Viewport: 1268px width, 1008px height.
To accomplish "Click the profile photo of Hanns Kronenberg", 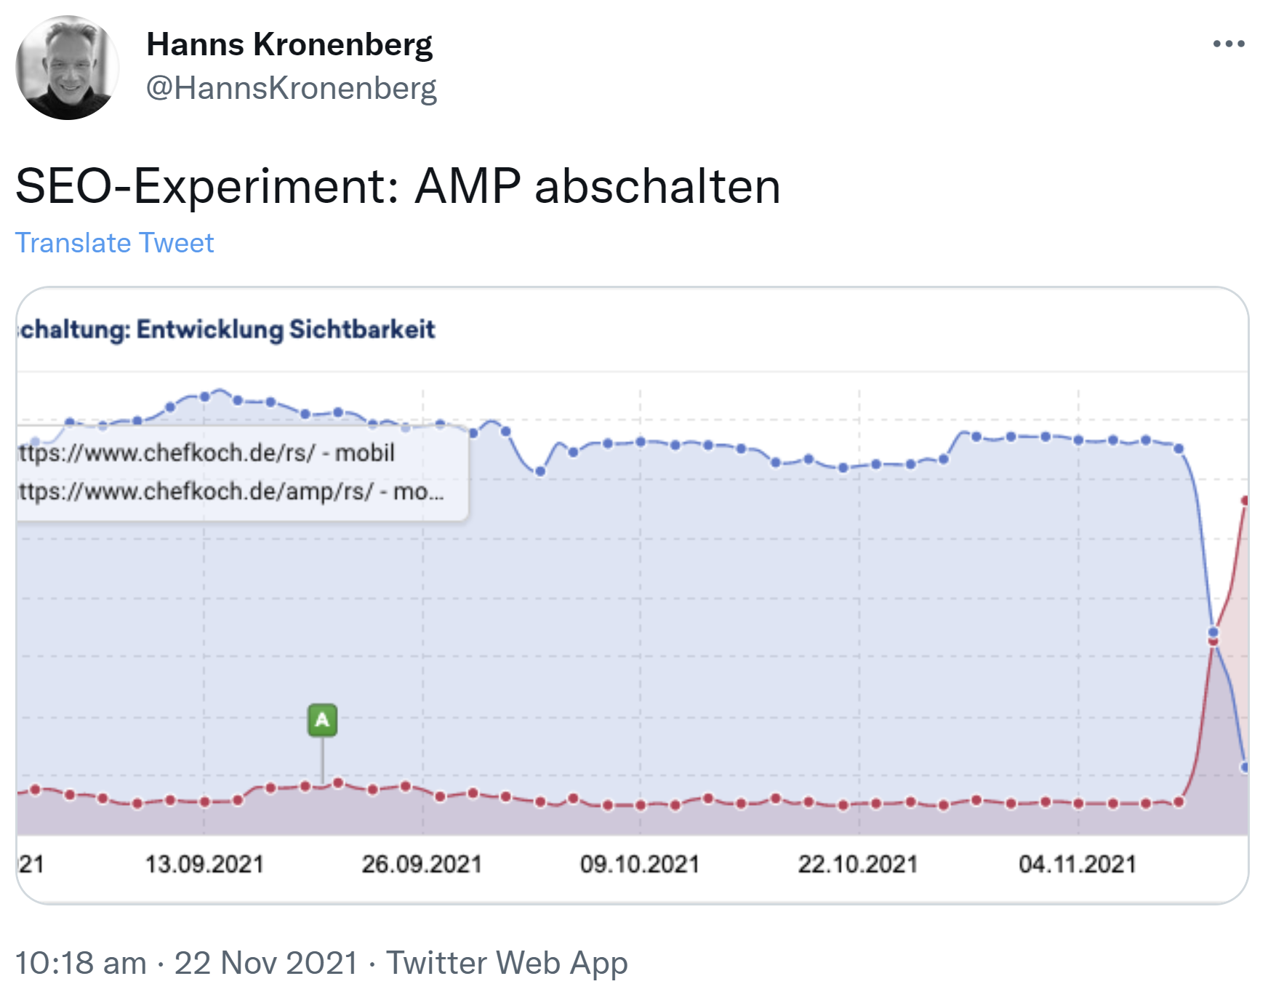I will [68, 68].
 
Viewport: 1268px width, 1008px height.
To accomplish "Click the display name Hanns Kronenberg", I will [289, 44].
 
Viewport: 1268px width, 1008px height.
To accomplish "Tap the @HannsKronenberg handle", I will [291, 88].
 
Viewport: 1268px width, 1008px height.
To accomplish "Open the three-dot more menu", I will [1228, 44].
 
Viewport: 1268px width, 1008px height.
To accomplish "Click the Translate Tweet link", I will [115, 243].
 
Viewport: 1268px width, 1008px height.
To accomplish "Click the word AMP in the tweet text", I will [468, 186].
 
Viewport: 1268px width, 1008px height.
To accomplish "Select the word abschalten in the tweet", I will [657, 186].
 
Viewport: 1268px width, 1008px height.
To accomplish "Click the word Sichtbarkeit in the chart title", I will [362, 329].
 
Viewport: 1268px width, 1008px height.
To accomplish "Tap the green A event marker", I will [322, 720].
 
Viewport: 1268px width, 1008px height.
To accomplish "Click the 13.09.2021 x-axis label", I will [204, 864].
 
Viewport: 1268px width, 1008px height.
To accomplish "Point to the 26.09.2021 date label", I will [422, 864].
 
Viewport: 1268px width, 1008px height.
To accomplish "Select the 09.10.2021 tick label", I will [639, 864].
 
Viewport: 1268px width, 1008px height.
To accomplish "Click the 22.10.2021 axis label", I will [858, 864].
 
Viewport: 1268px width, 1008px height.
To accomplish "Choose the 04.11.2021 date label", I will [1077, 864].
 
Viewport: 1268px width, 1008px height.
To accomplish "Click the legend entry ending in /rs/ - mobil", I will [207, 453].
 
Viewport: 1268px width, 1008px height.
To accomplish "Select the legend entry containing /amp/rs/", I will [231, 492].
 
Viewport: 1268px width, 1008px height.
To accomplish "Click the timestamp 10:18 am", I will [81, 963].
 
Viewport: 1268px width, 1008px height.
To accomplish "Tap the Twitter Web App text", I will [506, 963].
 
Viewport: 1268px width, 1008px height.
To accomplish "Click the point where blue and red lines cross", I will [1213, 637].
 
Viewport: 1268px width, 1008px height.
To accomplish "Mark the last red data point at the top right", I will [1245, 500].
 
